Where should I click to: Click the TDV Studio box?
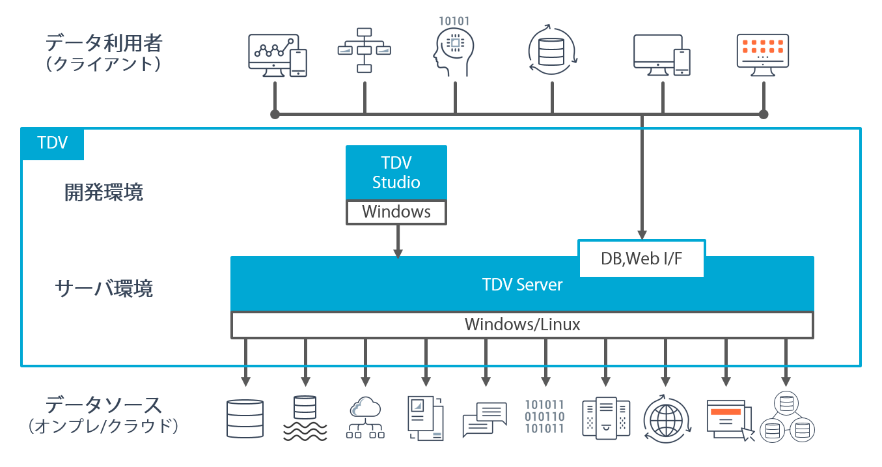[396, 173]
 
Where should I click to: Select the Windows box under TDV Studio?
[396, 212]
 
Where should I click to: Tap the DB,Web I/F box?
[642, 259]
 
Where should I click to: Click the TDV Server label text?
[522, 285]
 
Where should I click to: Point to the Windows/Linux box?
[522, 324]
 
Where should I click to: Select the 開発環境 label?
[103, 193]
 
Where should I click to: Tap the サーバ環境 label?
[104, 288]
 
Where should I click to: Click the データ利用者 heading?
[103, 44]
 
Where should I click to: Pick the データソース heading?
[103, 405]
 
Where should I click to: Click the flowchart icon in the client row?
[364, 50]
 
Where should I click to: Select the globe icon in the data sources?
[665, 416]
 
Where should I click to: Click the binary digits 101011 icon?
[545, 416]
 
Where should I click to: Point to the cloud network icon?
[365, 417]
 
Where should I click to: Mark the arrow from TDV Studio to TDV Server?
[398, 242]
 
